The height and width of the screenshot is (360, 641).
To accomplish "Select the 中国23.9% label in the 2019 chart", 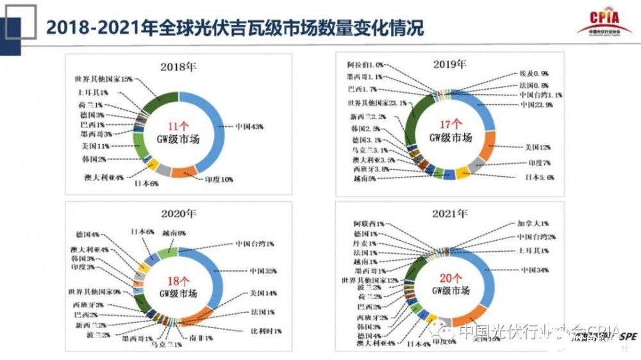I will click(537, 104).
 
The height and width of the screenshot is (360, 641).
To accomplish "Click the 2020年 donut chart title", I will click(178, 213).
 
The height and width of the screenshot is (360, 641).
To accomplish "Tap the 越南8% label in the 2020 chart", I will click(174, 233).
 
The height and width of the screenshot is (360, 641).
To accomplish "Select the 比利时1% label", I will click(266, 331).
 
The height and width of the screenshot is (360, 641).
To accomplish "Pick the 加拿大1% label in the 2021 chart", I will click(533, 224).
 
